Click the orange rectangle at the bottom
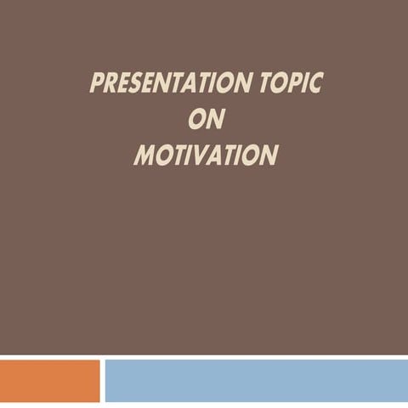[49, 380]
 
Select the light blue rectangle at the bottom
[255, 380]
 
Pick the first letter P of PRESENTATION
[97, 84]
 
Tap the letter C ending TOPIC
[316, 84]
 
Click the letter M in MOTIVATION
[145, 156]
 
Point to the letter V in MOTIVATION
[201, 156]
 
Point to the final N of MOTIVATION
[269, 156]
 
